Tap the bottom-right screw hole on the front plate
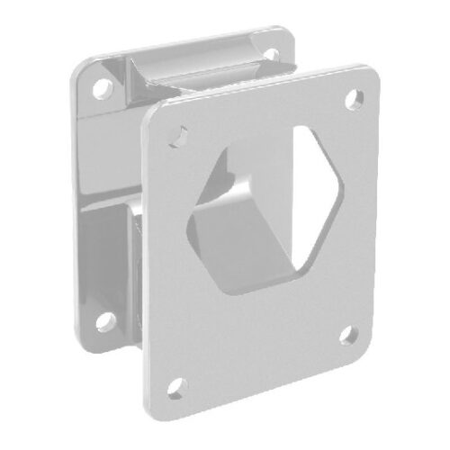348,337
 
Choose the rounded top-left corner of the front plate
155,114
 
